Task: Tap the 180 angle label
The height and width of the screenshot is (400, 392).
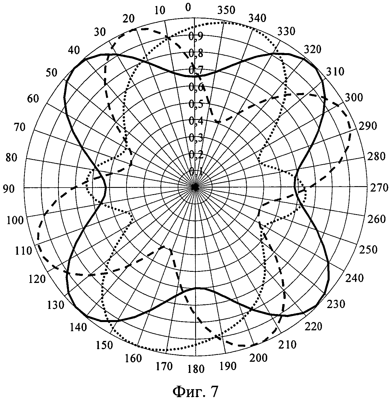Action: pyautogui.click(x=196, y=369)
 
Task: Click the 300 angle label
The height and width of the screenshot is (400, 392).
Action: pyautogui.click(x=354, y=98)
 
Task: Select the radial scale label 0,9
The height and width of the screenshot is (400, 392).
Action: pyautogui.click(x=196, y=36)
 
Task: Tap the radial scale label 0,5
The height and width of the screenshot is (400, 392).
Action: pyautogui.click(x=196, y=104)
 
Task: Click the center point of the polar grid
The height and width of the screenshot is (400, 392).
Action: pyautogui.click(x=195, y=187)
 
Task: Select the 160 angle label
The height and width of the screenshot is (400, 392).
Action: pyautogui.click(x=133, y=358)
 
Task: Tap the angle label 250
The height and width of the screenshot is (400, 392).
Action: pyautogui.click(x=368, y=250)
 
